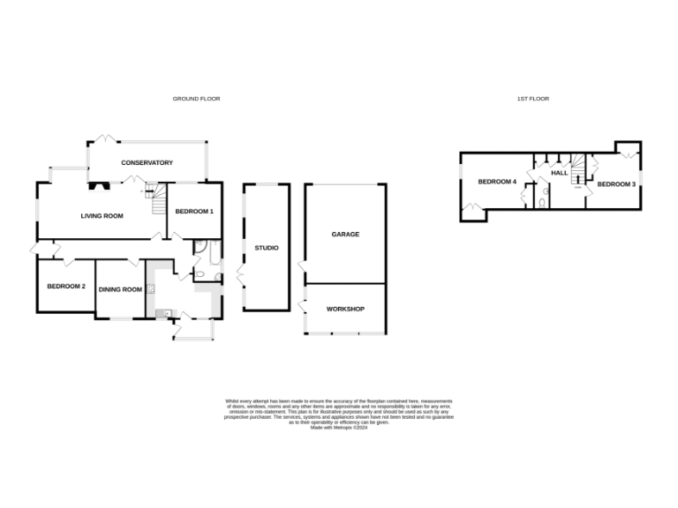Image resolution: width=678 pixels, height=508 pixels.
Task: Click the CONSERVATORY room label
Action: point(147,162)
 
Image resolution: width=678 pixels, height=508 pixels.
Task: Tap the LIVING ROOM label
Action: point(102,215)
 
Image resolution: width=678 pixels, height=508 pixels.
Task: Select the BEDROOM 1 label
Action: point(194,212)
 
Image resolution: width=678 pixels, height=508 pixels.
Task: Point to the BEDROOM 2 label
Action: point(66,287)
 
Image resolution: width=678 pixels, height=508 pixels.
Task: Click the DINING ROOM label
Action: point(120,289)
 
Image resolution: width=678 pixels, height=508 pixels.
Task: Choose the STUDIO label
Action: point(267,248)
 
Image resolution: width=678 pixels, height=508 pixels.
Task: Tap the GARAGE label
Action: point(345,235)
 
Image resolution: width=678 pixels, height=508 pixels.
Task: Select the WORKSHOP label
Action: point(345,309)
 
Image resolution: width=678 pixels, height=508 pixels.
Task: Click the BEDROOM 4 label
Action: point(496,182)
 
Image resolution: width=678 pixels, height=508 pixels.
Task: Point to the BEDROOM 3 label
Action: point(615,183)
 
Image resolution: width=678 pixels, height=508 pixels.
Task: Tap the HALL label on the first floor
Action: point(559,173)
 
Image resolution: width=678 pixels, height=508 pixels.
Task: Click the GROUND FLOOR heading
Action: point(196,99)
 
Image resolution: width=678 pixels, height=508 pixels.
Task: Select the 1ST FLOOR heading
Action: point(532,99)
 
